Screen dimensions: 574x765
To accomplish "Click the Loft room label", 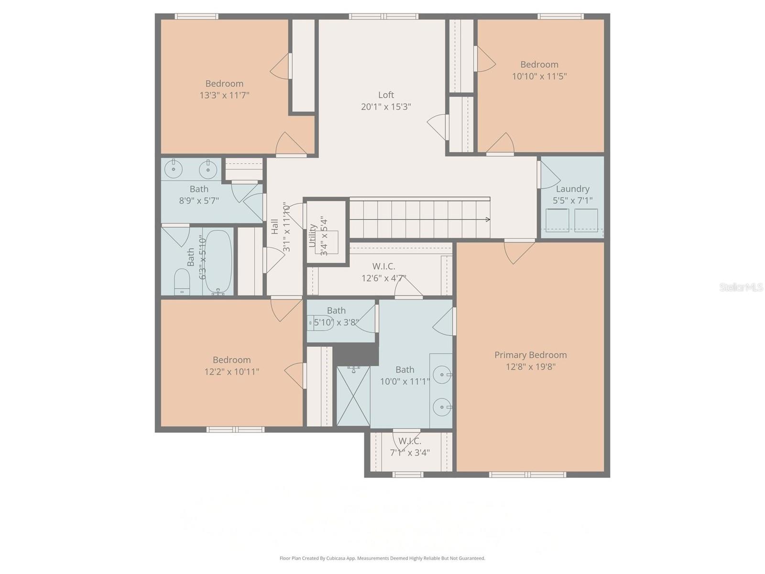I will coord(386,95).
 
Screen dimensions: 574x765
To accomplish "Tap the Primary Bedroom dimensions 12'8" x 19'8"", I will coord(531,367).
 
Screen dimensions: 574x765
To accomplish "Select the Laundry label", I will coord(572,189).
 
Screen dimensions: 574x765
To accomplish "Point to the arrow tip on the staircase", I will coord(488,220).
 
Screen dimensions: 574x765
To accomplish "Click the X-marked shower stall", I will coord(353,396).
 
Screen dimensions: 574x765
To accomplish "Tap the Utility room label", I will coord(313,235).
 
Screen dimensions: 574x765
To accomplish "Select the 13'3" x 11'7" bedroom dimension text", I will coord(224,95).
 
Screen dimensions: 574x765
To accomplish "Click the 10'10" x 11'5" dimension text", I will coord(539,76).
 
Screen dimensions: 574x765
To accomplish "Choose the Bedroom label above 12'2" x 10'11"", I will coord(231,360).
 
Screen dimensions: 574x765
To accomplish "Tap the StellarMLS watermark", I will coord(741,287).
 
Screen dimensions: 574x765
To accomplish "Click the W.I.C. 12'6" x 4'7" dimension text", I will coord(383,278).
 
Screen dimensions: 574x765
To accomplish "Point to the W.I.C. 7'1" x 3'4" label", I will coord(410,441).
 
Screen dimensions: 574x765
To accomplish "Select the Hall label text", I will coord(275,226).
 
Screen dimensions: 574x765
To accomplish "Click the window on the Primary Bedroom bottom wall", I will coord(527,475).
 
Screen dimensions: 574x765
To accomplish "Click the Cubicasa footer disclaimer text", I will coord(382,558).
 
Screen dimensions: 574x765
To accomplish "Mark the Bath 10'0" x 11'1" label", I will coord(404,370).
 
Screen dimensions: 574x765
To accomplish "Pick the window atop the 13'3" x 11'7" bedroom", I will coord(197,16).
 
